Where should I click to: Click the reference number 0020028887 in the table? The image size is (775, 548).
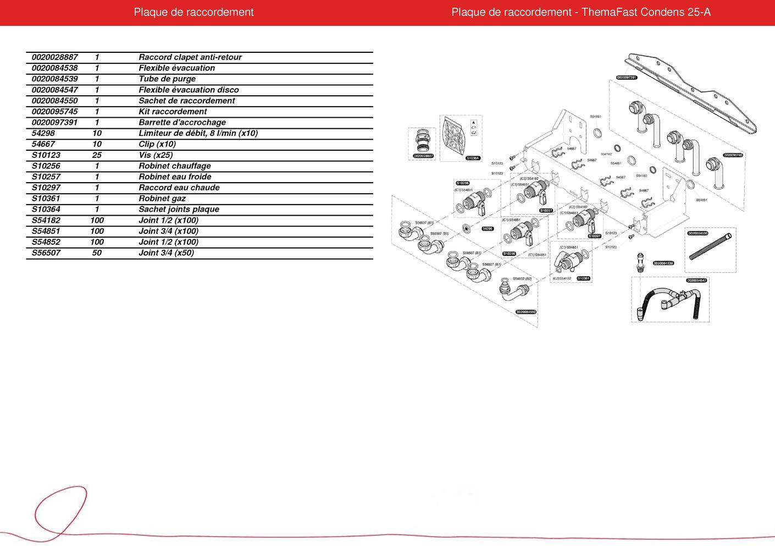click(55, 57)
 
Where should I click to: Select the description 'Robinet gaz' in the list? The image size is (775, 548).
click(162, 199)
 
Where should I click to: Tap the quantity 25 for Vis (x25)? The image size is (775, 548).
click(97, 155)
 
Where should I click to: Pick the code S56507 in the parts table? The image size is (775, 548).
click(46, 253)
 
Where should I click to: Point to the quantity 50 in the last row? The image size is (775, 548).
click(97, 253)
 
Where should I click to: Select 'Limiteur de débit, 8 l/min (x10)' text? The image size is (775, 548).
click(198, 133)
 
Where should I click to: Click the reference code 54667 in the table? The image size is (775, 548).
click(43, 144)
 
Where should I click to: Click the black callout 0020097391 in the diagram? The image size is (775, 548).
click(627, 78)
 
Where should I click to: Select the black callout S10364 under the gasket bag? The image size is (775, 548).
click(473, 158)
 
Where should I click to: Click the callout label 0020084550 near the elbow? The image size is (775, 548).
click(526, 312)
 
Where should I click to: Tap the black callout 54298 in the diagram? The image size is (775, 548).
click(488, 228)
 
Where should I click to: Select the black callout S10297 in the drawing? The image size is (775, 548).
click(595, 235)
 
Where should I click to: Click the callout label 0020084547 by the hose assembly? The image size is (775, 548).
click(696, 281)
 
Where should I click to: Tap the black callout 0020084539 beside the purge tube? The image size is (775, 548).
click(663, 264)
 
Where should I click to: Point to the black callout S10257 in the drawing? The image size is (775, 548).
click(546, 211)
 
